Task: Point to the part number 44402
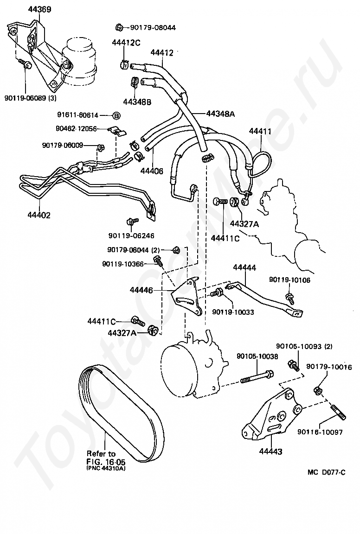click(x=39, y=215)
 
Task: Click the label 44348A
click(x=220, y=113)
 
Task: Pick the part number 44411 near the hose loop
click(x=261, y=131)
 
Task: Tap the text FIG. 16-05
click(x=106, y=462)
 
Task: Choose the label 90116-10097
click(x=320, y=432)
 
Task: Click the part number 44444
click(x=244, y=267)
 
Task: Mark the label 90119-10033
click(x=233, y=312)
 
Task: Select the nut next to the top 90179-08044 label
click(x=119, y=26)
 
